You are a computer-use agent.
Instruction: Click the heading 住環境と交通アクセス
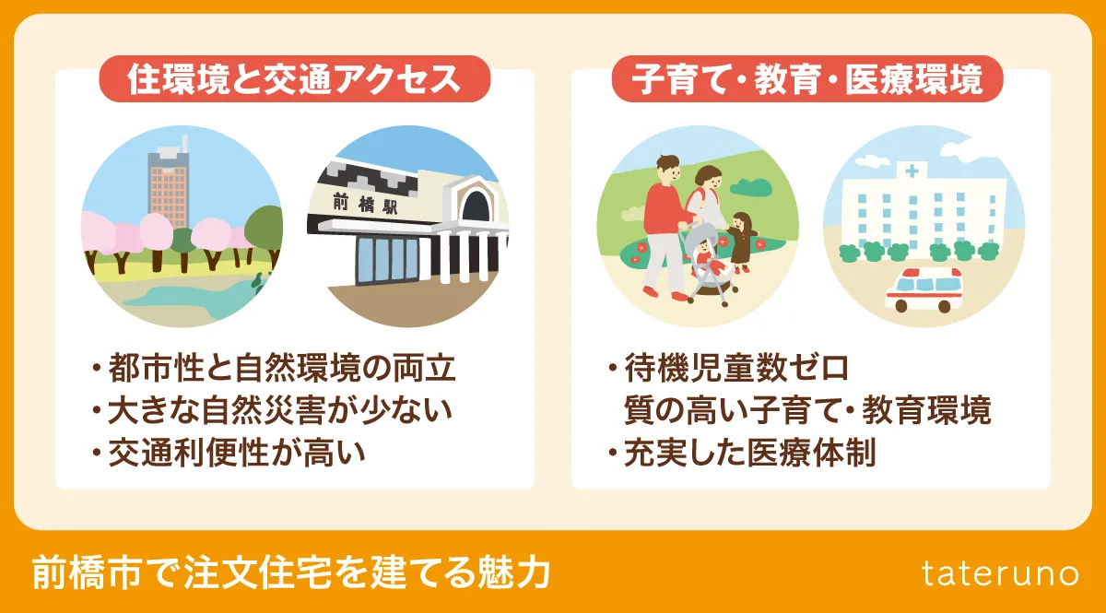tap(294, 79)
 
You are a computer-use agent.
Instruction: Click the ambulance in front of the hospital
tap(923, 290)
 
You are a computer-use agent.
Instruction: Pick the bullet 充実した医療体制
tap(747, 453)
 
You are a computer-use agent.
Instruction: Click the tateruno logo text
tap(1000, 572)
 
